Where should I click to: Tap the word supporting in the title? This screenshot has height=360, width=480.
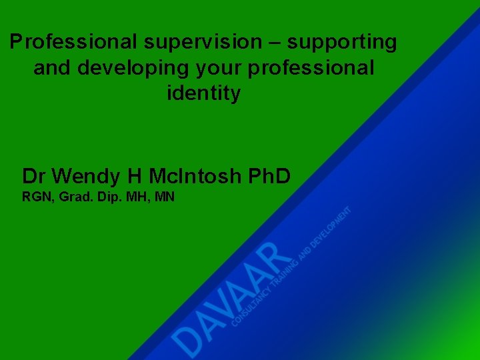343,42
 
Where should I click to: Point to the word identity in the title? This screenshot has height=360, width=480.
203,93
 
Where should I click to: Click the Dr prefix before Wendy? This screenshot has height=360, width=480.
34,176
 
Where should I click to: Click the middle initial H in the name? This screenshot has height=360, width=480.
135,176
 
